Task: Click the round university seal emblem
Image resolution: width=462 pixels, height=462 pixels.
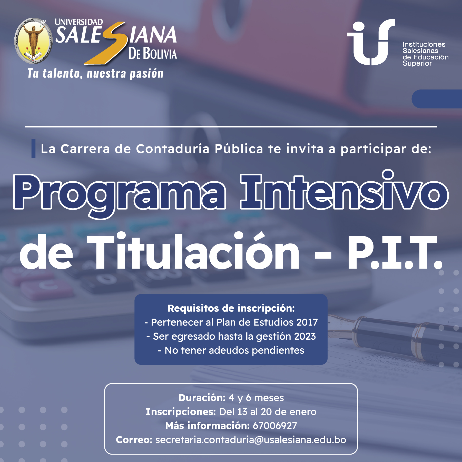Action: (x=33, y=41)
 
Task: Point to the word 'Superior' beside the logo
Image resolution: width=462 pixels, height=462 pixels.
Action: (x=417, y=63)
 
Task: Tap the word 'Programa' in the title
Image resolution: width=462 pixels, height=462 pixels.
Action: (x=120, y=192)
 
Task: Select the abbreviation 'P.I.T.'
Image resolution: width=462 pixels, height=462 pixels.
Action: (x=394, y=253)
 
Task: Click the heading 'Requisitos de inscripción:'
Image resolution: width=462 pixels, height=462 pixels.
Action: (x=231, y=308)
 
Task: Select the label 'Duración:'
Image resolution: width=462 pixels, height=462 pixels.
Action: (x=202, y=398)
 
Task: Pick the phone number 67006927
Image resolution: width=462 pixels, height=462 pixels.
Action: (x=275, y=426)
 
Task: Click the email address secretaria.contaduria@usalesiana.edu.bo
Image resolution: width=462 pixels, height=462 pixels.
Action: (x=251, y=440)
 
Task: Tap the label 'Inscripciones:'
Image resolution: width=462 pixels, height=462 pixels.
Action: (x=181, y=412)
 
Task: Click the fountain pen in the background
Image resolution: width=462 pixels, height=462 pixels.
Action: (x=400, y=333)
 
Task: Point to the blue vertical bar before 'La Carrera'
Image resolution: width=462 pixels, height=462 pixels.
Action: (x=33, y=149)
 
